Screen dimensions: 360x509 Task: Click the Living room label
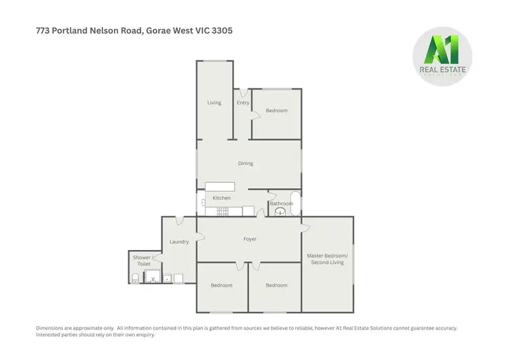(x=214, y=103)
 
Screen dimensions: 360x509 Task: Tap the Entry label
(x=242, y=103)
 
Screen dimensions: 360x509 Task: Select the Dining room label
(x=245, y=163)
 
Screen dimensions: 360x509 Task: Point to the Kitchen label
(x=222, y=198)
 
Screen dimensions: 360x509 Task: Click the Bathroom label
(x=281, y=203)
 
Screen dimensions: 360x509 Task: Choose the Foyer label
(x=250, y=239)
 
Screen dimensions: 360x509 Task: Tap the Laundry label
(x=178, y=241)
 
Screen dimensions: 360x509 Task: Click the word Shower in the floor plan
(x=142, y=257)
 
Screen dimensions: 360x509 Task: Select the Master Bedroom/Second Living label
(x=326, y=259)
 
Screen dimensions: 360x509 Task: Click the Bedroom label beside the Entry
(x=276, y=111)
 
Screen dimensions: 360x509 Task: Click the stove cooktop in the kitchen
(x=222, y=211)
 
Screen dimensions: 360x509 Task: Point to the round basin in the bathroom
(x=281, y=211)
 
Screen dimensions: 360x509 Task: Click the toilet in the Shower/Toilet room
(x=135, y=278)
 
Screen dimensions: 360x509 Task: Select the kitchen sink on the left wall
(x=203, y=202)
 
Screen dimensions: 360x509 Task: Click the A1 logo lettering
(x=442, y=51)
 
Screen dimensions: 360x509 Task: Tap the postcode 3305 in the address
(x=224, y=31)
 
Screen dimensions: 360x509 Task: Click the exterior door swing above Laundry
(x=180, y=221)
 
